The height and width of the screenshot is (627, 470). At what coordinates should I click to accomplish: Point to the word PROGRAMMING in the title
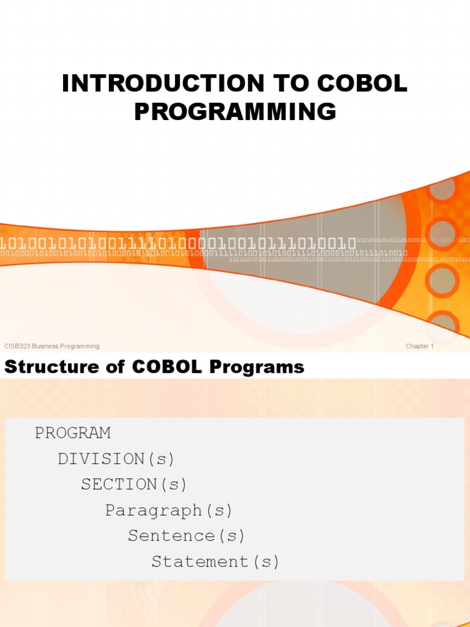(235, 111)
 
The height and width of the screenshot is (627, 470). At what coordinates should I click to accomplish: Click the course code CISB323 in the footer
(17, 346)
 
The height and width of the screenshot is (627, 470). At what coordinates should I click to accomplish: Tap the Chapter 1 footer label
(419, 346)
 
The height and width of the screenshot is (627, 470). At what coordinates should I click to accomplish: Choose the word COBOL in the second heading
(164, 367)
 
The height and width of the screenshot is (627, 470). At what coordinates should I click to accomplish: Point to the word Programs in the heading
(256, 367)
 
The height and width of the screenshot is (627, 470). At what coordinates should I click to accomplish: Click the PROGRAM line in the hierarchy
(73, 433)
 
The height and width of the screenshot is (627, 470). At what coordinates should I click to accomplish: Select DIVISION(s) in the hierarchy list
(116, 459)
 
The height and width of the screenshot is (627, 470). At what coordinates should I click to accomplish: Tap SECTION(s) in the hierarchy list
(134, 484)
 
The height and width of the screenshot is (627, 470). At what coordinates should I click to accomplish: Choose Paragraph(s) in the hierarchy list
(169, 510)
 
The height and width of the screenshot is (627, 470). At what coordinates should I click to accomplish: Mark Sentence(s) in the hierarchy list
(186, 536)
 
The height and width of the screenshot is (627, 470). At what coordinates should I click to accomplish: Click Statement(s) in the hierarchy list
(215, 561)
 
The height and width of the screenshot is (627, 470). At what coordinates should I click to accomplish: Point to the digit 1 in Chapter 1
(432, 346)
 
